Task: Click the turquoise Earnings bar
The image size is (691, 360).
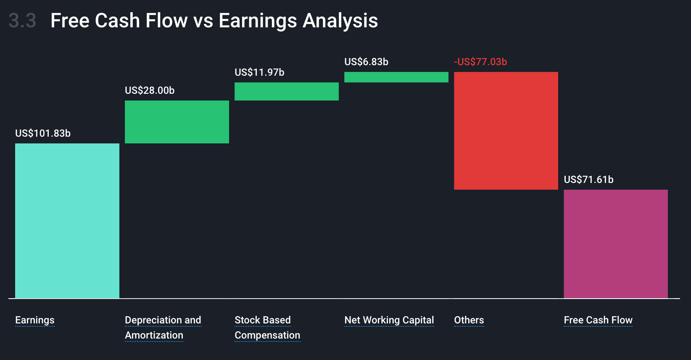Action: (x=67, y=221)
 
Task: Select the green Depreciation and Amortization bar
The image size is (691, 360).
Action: (x=177, y=122)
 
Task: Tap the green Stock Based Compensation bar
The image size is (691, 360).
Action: (x=287, y=91)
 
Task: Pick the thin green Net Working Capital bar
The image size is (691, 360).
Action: (x=396, y=77)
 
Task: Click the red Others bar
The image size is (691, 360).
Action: (x=506, y=131)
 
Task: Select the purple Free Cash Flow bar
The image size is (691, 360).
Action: (x=616, y=244)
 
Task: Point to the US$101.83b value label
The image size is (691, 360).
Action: (x=43, y=133)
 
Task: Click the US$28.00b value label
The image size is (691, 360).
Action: (x=150, y=90)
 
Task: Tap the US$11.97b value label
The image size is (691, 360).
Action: (x=259, y=72)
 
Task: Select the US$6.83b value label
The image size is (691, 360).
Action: (x=366, y=62)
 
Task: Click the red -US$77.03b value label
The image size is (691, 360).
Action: (x=480, y=62)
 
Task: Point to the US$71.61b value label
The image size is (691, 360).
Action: (x=588, y=180)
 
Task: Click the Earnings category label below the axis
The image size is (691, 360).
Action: (x=35, y=320)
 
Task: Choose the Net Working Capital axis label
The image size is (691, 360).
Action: (x=389, y=320)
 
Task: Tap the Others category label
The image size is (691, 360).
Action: (x=469, y=320)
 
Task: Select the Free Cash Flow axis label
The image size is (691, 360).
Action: (x=598, y=320)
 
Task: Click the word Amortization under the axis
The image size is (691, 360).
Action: (x=154, y=335)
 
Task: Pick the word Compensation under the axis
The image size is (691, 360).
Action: (x=267, y=335)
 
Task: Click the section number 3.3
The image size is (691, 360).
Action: (x=23, y=21)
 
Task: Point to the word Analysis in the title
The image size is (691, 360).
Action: (x=340, y=21)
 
